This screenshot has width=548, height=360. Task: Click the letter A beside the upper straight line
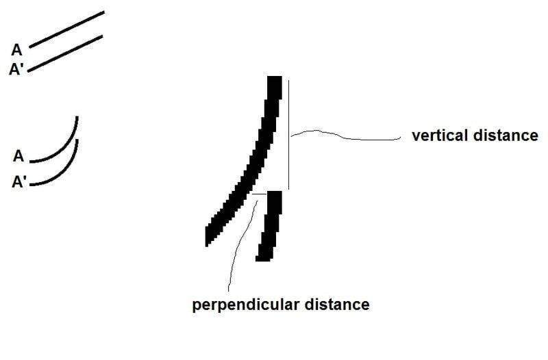(x=16, y=50)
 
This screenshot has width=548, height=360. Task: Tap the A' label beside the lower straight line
(x=16, y=69)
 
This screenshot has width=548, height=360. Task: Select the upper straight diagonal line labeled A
(x=66, y=29)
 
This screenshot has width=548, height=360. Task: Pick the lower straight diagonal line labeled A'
(x=65, y=53)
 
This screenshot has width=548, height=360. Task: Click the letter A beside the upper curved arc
(x=18, y=156)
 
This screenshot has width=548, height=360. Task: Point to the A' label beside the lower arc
(x=19, y=182)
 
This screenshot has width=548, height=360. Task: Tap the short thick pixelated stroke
(x=269, y=226)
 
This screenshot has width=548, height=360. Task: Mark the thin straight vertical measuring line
(x=288, y=135)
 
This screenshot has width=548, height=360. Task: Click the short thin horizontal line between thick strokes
(x=260, y=193)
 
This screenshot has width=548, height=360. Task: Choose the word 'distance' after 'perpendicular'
(x=337, y=305)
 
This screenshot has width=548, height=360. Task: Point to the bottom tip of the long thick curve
(x=207, y=245)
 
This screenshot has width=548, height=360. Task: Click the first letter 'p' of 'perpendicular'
(x=196, y=306)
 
